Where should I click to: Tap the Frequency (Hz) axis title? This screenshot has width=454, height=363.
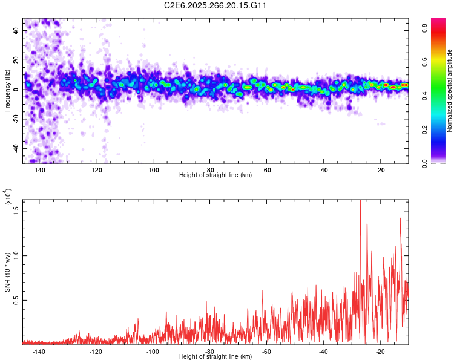7,90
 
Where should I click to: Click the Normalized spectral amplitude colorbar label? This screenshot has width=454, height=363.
450,91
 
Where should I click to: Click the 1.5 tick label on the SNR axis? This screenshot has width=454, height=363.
16,209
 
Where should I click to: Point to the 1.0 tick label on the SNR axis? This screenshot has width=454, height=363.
16,255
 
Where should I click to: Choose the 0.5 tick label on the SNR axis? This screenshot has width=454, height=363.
16,300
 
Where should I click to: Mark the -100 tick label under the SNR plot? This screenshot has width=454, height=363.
153,352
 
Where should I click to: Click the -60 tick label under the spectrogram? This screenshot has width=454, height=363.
266,170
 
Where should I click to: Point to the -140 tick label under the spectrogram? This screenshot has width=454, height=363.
38,170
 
